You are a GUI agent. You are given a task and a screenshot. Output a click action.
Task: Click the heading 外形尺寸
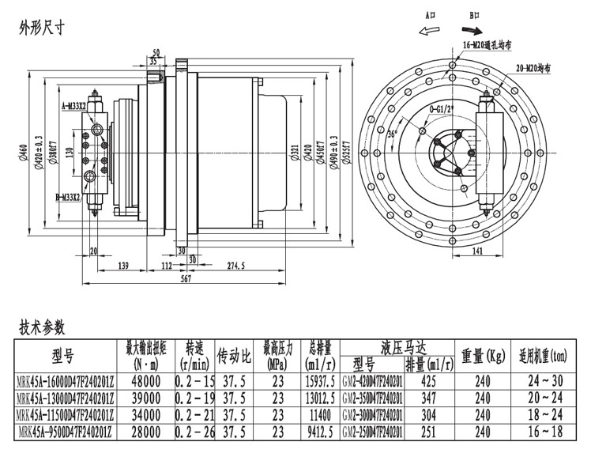tap(41, 28)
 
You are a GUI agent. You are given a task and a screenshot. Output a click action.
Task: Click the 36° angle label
tap(390, 134)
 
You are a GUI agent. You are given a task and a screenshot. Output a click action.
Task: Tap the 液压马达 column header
tap(403, 346)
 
